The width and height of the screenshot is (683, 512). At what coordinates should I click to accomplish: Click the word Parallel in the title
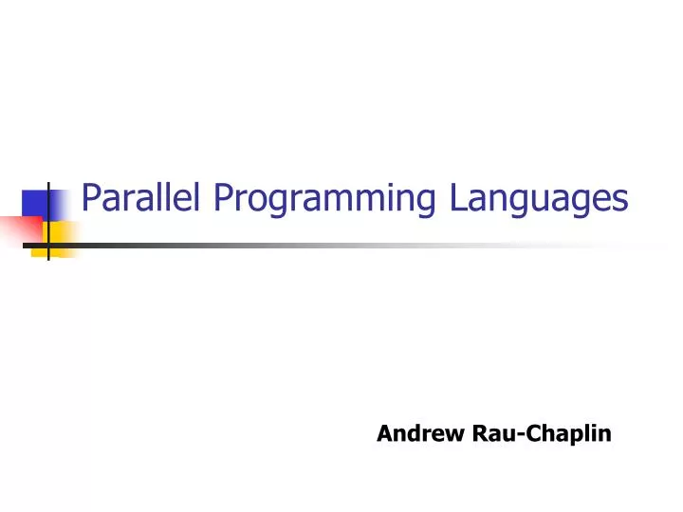tap(141, 198)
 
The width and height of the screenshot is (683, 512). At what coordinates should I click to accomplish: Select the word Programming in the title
tap(323, 200)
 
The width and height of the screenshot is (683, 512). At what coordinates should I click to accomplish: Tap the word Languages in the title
tap(539, 200)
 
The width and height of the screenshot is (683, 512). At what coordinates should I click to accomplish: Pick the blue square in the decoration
tap(42, 205)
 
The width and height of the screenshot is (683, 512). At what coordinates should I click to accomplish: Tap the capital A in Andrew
tap(383, 433)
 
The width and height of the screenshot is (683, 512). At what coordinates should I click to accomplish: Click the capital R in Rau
tap(479, 433)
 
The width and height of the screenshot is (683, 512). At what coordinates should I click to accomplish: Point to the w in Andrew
tap(454, 435)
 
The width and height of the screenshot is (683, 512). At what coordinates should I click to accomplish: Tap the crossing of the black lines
tap(48, 245)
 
